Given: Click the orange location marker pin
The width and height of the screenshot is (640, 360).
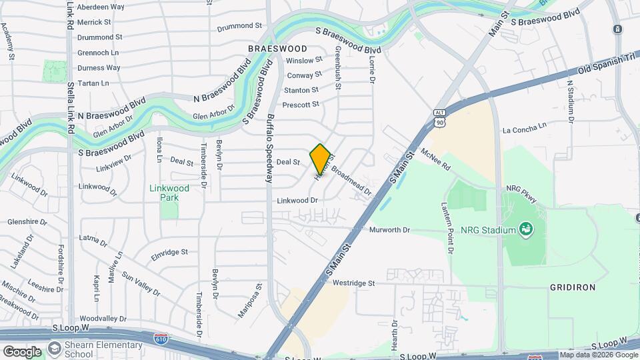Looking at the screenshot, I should coord(321,158).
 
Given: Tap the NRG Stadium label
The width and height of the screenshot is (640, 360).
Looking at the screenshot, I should coord(490,230).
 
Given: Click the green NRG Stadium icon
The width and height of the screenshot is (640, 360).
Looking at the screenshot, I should coord(526,230).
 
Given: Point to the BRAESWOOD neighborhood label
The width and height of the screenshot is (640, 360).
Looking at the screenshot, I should coord(277,49).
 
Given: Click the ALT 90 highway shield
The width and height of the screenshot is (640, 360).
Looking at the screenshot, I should coord(439,118).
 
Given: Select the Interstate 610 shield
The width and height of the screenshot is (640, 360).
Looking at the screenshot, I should coord(160,339).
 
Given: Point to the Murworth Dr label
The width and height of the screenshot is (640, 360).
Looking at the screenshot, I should coord(389,230).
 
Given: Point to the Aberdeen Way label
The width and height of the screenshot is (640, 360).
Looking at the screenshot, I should coord(101,7).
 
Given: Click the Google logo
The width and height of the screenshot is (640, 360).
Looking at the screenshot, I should coord(22,351).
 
